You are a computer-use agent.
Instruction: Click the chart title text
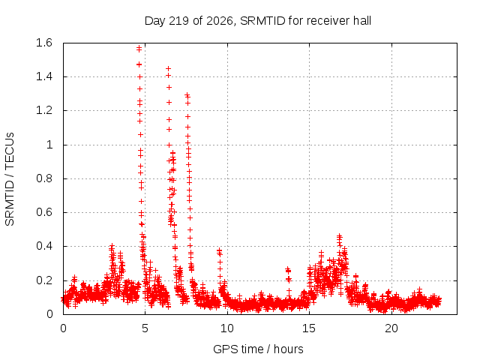(258, 21)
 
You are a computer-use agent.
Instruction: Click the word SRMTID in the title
(262, 21)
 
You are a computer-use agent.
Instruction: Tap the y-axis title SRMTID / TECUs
(10, 179)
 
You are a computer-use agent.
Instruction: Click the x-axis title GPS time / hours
(258, 349)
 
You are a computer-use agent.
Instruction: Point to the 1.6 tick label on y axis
(44, 43)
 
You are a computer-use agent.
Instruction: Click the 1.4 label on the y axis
(44, 76)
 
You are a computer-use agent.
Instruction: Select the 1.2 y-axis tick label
(44, 110)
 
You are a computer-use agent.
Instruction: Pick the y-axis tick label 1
(49, 145)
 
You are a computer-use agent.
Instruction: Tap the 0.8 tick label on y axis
(44, 178)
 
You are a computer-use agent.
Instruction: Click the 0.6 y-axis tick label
(44, 212)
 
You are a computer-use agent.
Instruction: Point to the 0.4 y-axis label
(44, 247)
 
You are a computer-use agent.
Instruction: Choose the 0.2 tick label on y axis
(44, 280)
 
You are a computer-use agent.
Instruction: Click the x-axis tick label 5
(145, 328)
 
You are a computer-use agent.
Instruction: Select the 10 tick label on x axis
(227, 328)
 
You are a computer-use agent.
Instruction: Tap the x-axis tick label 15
(309, 328)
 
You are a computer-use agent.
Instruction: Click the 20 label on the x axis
(391, 328)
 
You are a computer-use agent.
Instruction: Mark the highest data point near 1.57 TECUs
(139, 48)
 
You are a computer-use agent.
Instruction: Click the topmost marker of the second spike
(168, 68)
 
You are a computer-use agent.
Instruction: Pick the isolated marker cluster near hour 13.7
(288, 274)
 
